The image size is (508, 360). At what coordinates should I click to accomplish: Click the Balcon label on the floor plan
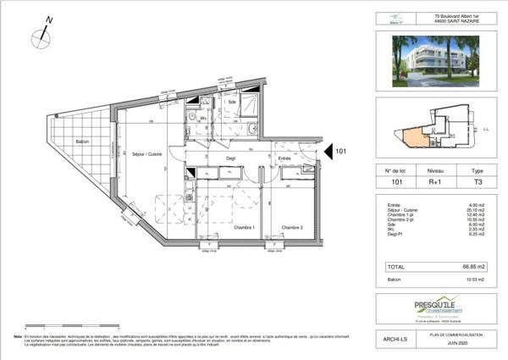click(x=82, y=141)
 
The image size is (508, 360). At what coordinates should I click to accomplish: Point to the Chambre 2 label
click(x=292, y=227)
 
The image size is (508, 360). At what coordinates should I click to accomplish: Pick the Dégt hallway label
click(x=229, y=158)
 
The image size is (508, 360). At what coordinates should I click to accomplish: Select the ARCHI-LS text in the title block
click(x=393, y=338)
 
